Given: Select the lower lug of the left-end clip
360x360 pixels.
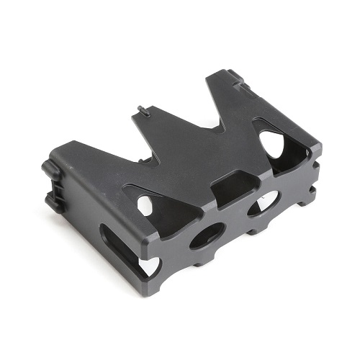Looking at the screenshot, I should tap(52, 197).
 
